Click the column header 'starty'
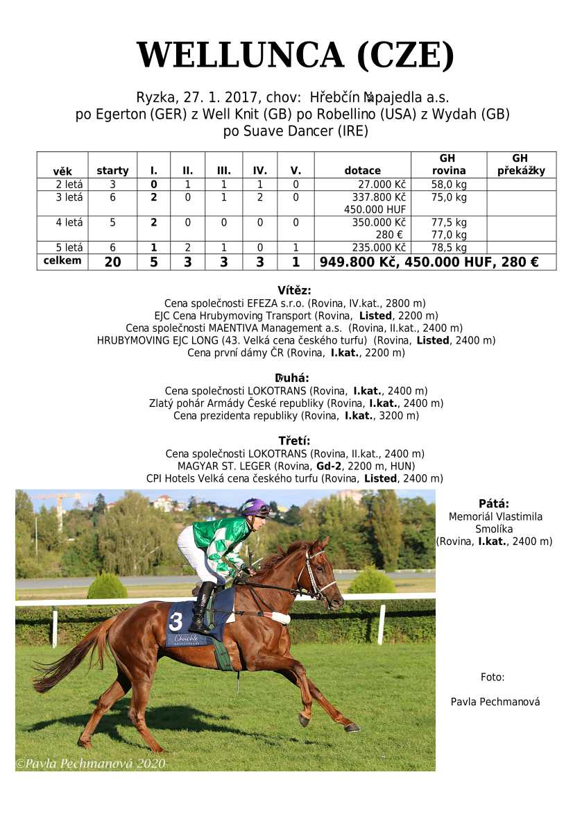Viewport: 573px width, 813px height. coord(112,171)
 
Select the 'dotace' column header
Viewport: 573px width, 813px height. coord(362,171)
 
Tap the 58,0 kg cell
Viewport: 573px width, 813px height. coord(448,185)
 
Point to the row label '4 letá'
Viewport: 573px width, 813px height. coord(69,223)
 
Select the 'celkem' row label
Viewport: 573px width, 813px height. coord(62,261)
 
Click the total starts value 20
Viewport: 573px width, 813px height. coord(112,262)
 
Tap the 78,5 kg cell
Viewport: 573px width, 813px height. coord(448,248)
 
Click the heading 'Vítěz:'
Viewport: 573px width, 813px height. coord(294,290)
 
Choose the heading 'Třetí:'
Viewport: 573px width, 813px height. coord(294,441)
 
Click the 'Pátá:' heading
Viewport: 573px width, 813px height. coord(494,504)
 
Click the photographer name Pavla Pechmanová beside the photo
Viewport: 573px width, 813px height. coord(495,702)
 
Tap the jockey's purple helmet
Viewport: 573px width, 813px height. coord(255,507)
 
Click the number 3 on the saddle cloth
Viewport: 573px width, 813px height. coord(176,620)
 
